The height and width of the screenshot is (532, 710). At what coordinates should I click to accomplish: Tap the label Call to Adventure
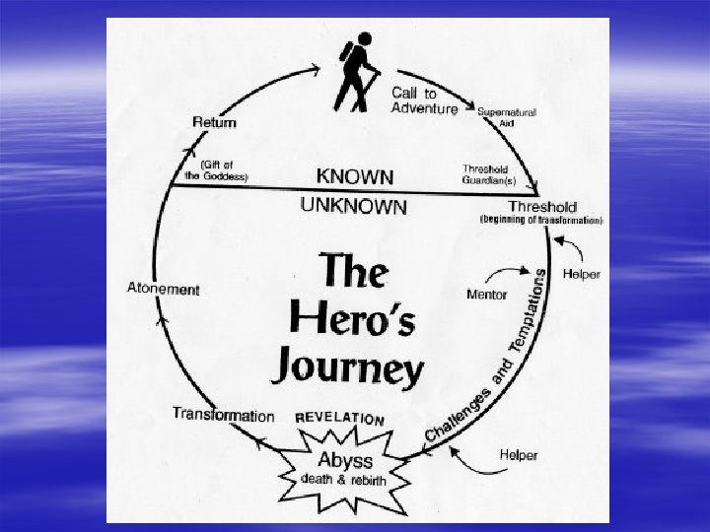[424, 100]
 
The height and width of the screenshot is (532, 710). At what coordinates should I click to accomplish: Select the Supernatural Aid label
[507, 116]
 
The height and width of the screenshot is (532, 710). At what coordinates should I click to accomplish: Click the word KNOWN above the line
[355, 176]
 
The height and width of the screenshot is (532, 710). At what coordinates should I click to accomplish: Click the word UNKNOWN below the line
[352, 207]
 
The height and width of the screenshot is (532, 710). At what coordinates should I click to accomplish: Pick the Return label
[215, 122]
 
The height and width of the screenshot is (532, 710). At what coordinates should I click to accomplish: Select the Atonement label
[164, 290]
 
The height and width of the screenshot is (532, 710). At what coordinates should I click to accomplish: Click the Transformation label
[223, 415]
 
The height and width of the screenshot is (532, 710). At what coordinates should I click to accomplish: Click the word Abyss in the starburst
[345, 460]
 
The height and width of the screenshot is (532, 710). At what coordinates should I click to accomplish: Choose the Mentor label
[486, 295]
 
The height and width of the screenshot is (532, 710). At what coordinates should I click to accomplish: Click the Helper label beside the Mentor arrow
[581, 273]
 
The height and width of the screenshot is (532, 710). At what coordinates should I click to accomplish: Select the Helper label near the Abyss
[519, 454]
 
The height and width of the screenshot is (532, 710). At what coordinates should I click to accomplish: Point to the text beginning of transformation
[541, 220]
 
